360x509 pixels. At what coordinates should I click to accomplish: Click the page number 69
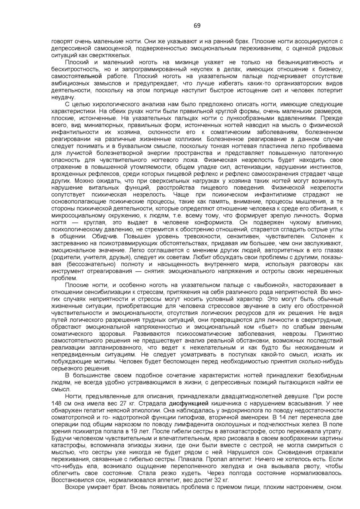pyautogui.click(x=197, y=26)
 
